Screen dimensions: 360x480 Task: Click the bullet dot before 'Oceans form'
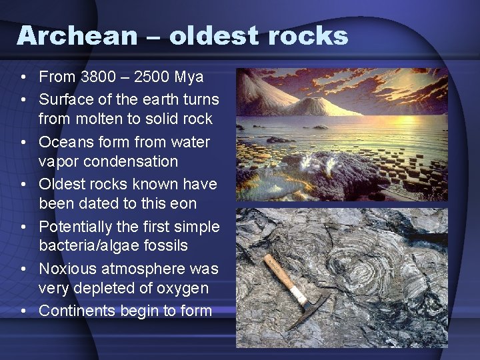23,143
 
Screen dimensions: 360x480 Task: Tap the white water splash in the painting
313,162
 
